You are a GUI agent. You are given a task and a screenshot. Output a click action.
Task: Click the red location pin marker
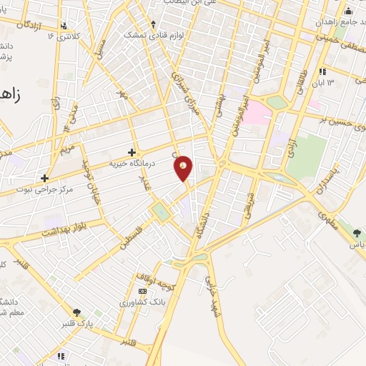click(x=184, y=167)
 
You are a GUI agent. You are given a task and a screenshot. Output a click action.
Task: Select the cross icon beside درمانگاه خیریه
click(x=132, y=152)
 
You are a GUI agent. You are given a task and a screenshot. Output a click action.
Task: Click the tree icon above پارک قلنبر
click(x=76, y=312)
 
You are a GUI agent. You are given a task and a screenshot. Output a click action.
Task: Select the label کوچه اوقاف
click(x=153, y=279)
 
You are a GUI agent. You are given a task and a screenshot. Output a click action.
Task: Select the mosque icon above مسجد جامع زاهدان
click(x=348, y=11)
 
